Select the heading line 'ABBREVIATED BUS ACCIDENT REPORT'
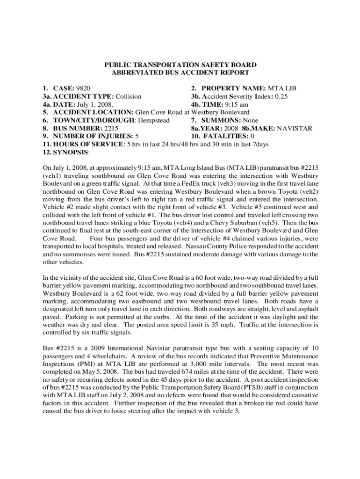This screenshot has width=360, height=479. pos(180,73)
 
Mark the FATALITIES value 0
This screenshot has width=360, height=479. pos(253,136)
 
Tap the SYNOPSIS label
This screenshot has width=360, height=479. pos(70,152)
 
